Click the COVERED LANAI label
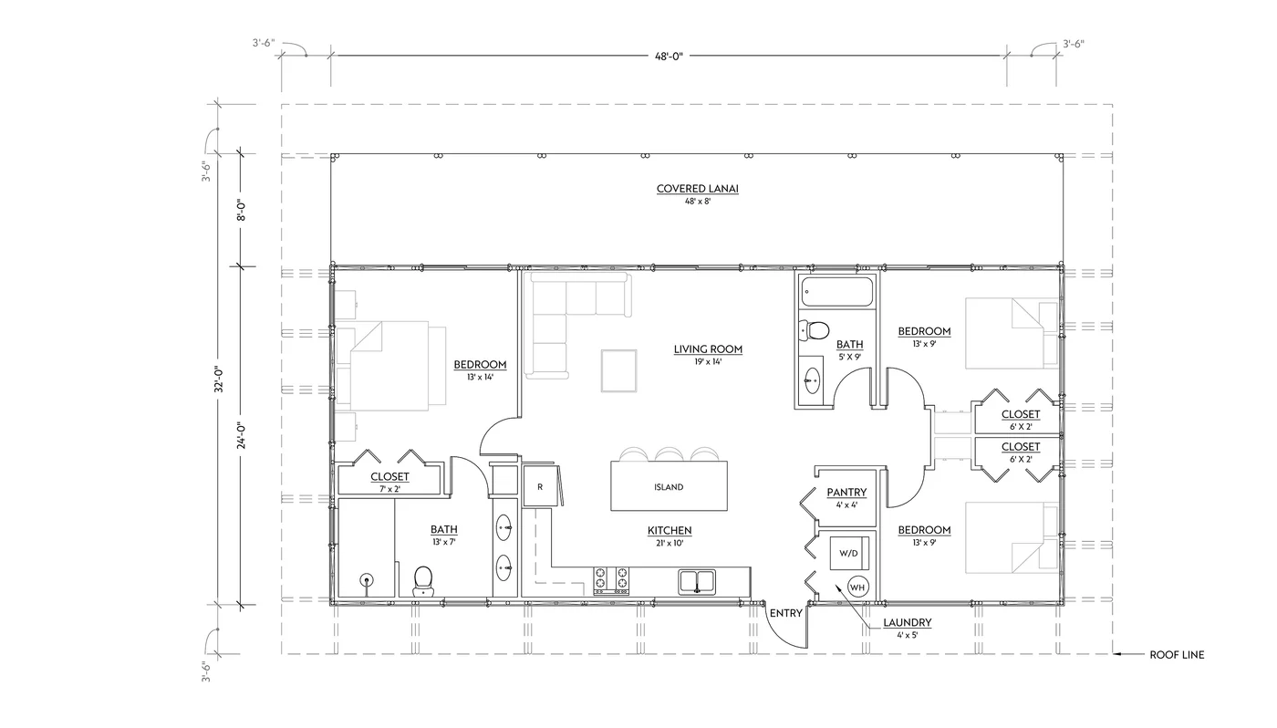697,190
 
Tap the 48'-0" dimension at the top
668,56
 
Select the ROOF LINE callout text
1176,654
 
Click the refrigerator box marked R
540,486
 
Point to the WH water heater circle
857,588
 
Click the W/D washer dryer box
848,553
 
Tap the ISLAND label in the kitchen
669,487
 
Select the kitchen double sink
698,581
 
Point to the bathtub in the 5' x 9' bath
836,293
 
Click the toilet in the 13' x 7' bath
422,579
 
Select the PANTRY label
846,493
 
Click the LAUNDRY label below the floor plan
907,623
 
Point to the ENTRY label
785,613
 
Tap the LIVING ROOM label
708,348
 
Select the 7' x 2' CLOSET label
389,477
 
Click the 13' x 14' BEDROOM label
480,365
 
